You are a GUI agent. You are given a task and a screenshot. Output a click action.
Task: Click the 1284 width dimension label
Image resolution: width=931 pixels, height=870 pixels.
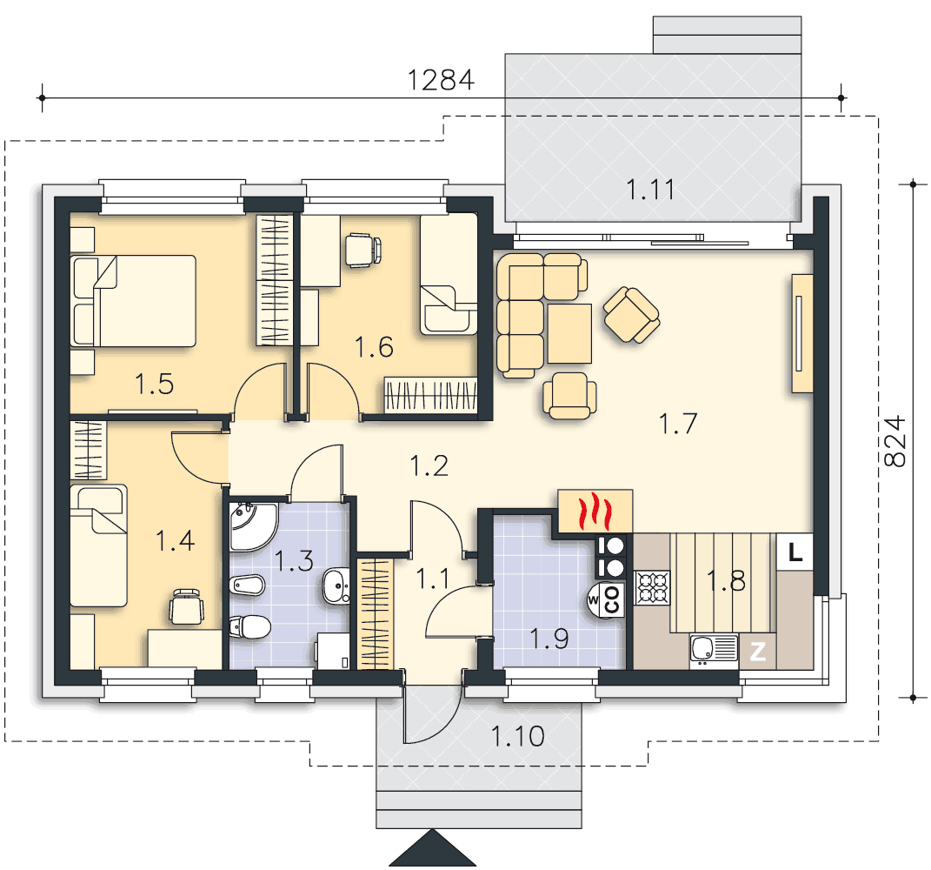tap(441, 80)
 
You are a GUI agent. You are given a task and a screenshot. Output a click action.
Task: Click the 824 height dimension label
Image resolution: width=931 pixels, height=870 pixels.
tap(894, 440)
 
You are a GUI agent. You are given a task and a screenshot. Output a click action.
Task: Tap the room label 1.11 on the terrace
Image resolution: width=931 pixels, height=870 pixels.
tap(651, 190)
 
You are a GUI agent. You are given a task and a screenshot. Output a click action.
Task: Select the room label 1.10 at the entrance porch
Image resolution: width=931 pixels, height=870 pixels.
tap(518, 736)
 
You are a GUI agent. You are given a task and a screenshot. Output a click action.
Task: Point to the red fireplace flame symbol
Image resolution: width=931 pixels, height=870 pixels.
tap(595, 511)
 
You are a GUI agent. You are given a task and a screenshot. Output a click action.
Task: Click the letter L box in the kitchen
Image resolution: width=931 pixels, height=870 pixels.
tap(795, 552)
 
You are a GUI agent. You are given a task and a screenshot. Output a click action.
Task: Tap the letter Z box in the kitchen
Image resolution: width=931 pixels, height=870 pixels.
tap(758, 652)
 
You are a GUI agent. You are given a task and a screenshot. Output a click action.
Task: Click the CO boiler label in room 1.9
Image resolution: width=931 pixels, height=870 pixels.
tap(612, 599)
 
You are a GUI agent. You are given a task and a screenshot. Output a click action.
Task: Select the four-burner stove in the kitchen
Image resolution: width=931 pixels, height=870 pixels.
tap(653, 588)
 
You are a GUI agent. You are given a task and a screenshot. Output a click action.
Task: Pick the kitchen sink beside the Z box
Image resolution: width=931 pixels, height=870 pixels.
tap(715, 649)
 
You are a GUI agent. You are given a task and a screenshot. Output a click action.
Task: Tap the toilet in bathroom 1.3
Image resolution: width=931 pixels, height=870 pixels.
tap(250, 627)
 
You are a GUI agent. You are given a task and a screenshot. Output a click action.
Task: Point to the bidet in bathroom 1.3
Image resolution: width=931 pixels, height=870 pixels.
tap(247, 586)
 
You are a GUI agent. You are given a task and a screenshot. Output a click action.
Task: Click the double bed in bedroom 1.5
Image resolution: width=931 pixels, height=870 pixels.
tap(133, 301)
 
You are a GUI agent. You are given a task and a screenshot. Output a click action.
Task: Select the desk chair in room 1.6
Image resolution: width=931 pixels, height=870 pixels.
tap(362, 251)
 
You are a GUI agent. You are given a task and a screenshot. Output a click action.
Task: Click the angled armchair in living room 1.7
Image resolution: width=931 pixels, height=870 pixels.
tap(632, 315)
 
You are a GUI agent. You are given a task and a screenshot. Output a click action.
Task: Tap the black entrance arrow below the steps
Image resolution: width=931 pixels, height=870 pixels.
tap(433, 848)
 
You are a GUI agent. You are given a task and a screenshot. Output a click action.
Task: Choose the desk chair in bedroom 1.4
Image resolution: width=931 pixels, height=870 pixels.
tap(186, 606)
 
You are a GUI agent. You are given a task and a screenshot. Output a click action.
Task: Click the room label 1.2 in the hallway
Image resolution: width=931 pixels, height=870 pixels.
tap(429, 466)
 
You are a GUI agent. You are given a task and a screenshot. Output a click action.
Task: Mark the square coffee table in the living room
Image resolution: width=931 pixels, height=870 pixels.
tap(569, 333)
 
